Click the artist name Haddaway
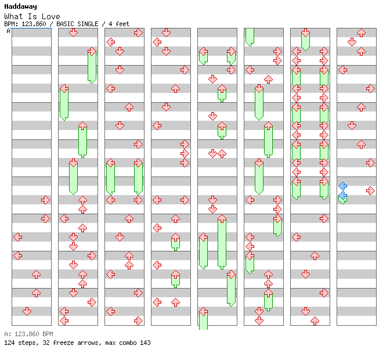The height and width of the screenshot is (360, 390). (x=20, y=6)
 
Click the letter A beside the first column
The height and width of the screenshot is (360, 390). (x=8, y=31)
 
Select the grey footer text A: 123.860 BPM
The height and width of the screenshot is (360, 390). (x=28, y=334)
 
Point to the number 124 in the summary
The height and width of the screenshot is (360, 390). (x=9, y=343)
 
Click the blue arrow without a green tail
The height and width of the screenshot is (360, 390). (x=343, y=186)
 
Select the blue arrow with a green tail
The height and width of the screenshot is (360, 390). (x=343, y=197)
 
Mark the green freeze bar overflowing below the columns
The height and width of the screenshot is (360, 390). (x=204, y=321)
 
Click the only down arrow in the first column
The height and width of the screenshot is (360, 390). (x=27, y=311)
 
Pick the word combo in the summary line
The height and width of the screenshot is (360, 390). (x=126, y=343)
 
